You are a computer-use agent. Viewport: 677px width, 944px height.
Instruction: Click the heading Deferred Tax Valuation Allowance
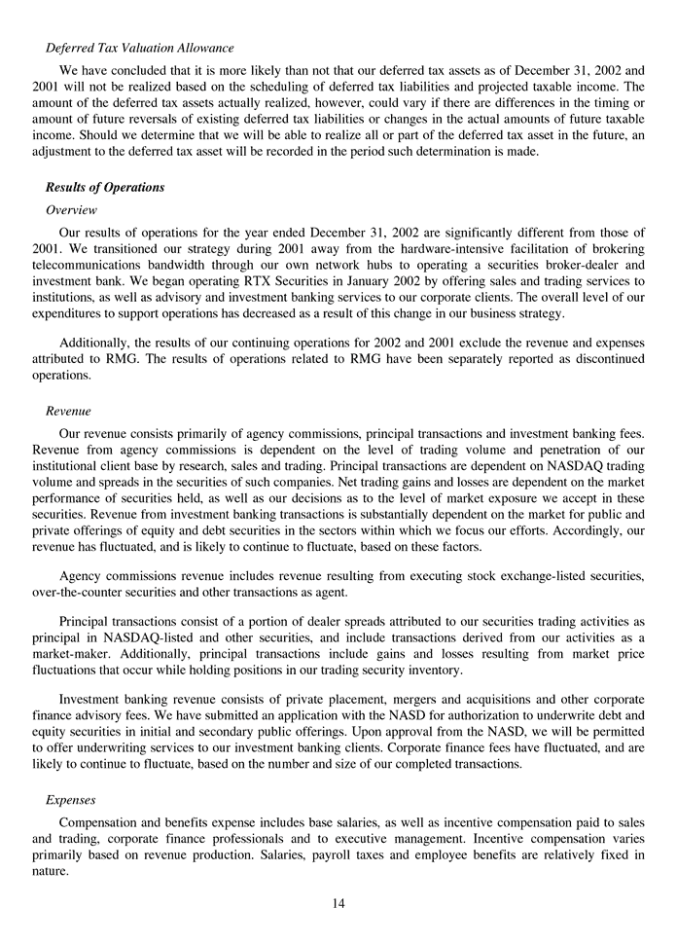(139, 48)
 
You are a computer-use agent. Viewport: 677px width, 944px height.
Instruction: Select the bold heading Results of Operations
(105, 187)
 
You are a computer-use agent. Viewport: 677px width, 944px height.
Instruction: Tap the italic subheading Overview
(71, 209)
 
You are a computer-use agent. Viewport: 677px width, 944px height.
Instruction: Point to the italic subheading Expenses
(70, 799)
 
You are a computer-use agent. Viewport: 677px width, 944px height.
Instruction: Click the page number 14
(338, 902)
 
